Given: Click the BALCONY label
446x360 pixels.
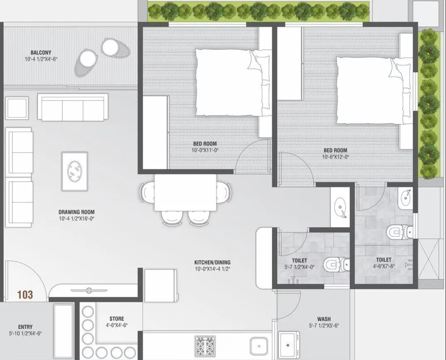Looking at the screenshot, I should click(41, 53).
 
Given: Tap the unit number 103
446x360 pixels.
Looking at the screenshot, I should click(25, 295).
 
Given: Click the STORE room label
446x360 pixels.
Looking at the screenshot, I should click(117, 319).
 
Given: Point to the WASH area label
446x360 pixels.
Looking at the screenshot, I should click(324, 319).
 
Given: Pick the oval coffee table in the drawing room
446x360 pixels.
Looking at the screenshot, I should click(75, 168).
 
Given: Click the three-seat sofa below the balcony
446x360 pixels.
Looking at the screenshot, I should click(73, 107).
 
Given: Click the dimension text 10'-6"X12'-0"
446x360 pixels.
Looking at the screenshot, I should click(335, 157).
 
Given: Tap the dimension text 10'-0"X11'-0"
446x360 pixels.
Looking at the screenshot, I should click(205, 150).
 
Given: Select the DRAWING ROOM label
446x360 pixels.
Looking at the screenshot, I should click(76, 212).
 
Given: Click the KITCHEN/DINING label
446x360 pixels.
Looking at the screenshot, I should click(212, 262).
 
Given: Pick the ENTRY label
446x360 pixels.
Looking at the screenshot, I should click(25, 327).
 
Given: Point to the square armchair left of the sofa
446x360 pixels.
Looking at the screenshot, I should click(17, 108).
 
